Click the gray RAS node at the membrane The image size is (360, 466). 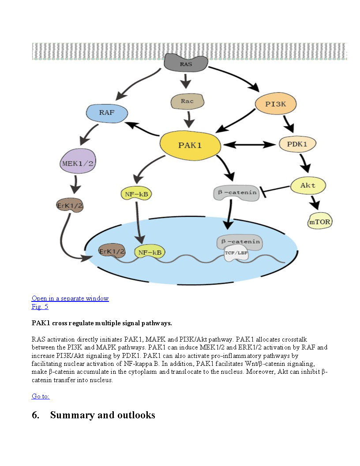coord(186,63)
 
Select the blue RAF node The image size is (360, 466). coord(107,113)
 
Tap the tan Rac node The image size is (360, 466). coord(187,101)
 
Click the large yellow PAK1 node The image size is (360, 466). coord(190,145)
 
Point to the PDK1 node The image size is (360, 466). coord(298,144)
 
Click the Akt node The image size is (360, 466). coord(308,185)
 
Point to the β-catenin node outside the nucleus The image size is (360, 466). coord(235,193)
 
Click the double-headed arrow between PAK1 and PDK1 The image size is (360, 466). coord(249,144)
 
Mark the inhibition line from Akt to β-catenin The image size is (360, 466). coord(276,190)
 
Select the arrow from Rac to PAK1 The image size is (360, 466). coord(190,120)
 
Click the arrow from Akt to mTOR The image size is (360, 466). coord(315,203)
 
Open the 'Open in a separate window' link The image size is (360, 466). coord(70,298)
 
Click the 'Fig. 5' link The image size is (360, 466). coord(40,307)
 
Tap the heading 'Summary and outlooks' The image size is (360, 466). coord(102,415)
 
